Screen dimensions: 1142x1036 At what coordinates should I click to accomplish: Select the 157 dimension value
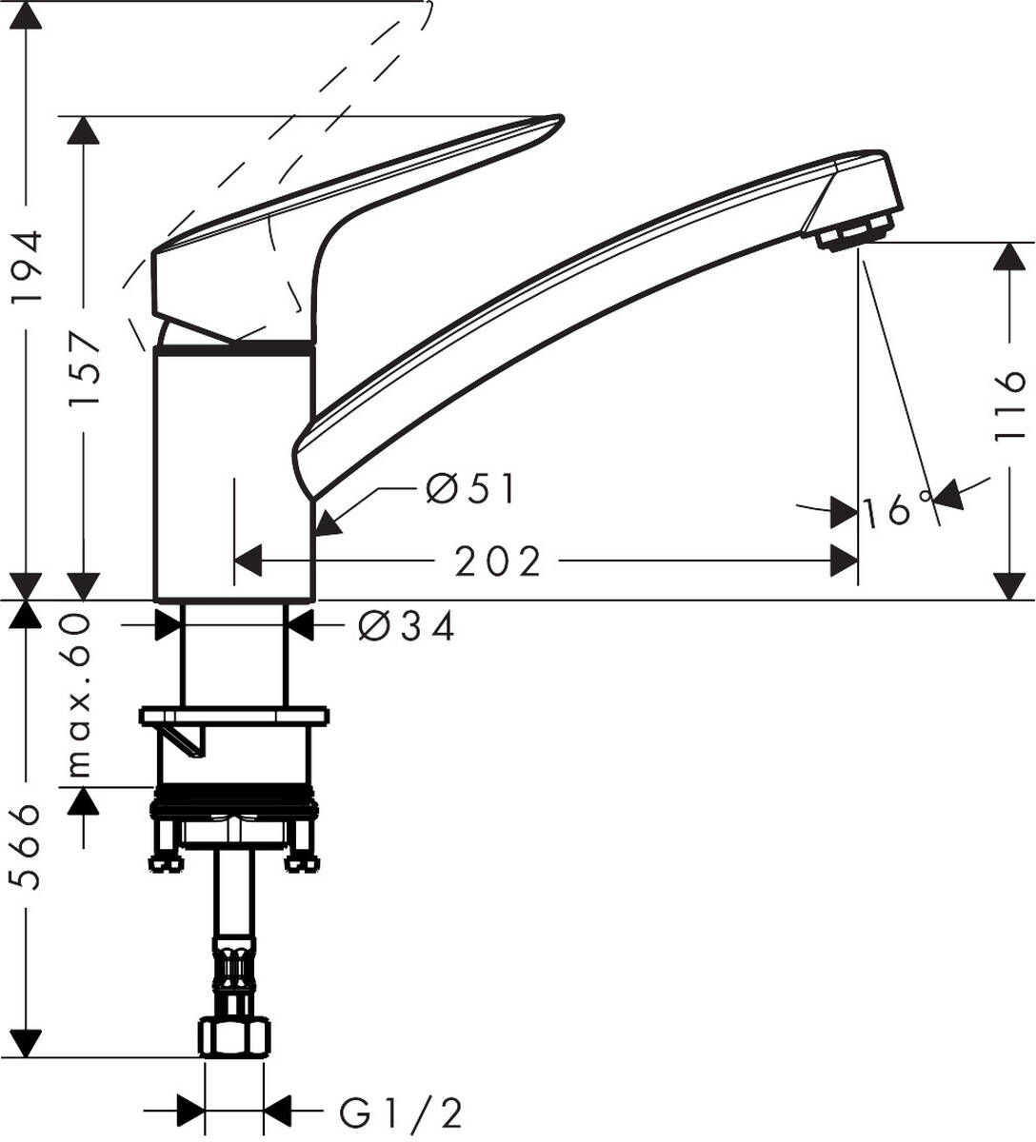[86, 369]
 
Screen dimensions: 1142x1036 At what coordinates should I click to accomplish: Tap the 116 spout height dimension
[1008, 406]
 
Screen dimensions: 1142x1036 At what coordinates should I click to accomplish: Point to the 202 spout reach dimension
[497, 561]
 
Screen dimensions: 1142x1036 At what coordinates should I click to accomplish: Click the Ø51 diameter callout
[469, 490]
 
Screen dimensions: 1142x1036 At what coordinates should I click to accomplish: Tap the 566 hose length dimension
[30, 847]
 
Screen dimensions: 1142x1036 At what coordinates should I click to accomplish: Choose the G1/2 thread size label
[401, 1111]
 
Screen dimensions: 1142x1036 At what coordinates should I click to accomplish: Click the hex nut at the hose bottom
[234, 1035]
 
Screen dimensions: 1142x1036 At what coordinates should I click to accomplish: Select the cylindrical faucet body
[234, 476]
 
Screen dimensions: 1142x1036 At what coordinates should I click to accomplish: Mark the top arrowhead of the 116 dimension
[1008, 257]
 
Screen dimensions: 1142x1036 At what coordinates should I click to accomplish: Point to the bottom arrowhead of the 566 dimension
[30, 1043]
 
